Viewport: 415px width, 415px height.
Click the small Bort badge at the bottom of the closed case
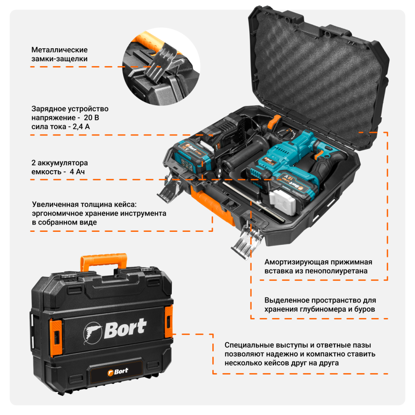[x=118, y=372]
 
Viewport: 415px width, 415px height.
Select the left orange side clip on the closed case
[x=56, y=337]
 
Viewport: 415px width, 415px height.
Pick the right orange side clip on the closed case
[x=169, y=321]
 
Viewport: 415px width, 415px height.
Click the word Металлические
[x=60, y=50]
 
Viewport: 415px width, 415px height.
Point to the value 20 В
[x=91, y=118]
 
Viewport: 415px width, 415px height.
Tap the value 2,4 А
[x=81, y=126]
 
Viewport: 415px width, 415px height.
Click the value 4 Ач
[x=77, y=172]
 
